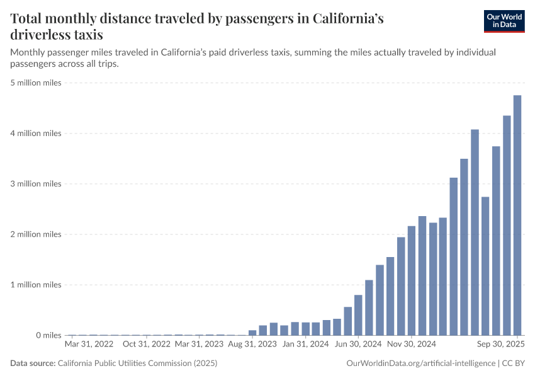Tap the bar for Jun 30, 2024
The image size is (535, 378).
pyautogui.click(x=358, y=314)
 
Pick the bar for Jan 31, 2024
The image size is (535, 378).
pyautogui.click(x=305, y=328)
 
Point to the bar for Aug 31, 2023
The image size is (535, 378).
pyautogui.click(x=252, y=332)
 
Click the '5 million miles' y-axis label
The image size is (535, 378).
pyautogui.click(x=36, y=83)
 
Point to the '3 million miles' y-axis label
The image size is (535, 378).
pyautogui.click(x=36, y=184)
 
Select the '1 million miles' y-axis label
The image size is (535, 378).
pyautogui.click(x=36, y=285)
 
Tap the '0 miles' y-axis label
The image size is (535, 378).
pyautogui.click(x=48, y=335)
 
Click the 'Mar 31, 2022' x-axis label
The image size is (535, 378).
pyautogui.click(x=89, y=345)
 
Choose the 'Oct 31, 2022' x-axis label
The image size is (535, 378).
pyautogui.click(x=146, y=345)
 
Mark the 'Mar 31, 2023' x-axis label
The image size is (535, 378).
pyautogui.click(x=199, y=345)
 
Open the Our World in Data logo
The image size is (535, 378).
pyautogui.click(x=504, y=21)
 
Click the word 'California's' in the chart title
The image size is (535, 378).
pyautogui.click(x=341, y=19)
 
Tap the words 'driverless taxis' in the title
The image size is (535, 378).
pyautogui.click(x=57, y=35)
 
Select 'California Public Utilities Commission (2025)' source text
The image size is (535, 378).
pyautogui.click(x=137, y=364)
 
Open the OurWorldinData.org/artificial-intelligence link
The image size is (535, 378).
pyautogui.click(x=420, y=364)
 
